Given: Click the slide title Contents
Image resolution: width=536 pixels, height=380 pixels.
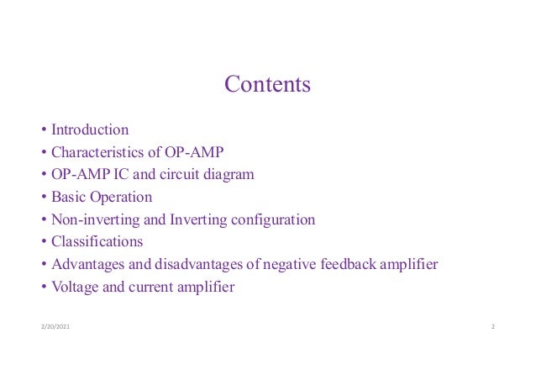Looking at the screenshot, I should [x=267, y=85].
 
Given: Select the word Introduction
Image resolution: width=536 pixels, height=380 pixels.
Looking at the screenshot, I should [x=90, y=130].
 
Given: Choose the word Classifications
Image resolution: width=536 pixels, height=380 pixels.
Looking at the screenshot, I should [x=97, y=242].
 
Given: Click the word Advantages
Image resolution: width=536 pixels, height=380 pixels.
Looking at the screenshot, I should [x=87, y=265].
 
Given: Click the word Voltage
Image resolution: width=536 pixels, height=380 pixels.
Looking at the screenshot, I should [x=76, y=288].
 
